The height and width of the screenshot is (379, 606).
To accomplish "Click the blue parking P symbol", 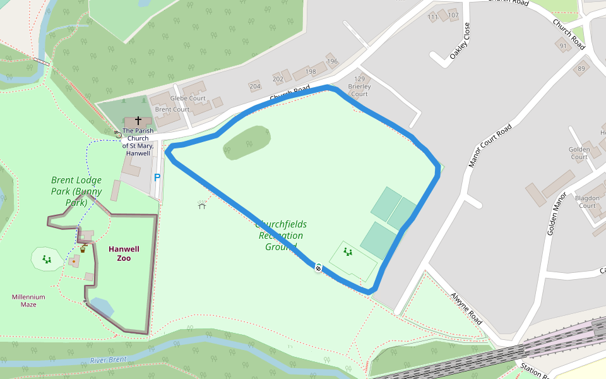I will point(157,178).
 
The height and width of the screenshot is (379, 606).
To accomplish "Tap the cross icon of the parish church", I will point(138,120).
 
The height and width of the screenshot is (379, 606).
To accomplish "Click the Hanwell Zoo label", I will point(124,253).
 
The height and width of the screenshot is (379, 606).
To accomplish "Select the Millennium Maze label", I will point(28,301).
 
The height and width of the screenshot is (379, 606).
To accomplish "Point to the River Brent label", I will point(108,360).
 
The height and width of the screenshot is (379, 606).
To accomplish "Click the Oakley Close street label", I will point(460,42).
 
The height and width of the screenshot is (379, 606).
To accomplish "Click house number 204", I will point(255,87).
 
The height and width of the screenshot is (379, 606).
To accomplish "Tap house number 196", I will point(332,62).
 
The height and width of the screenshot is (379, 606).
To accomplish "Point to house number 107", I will point(453,15).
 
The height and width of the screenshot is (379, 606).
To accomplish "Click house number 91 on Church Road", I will point(563,46).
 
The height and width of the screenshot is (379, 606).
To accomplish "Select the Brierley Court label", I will point(359,90).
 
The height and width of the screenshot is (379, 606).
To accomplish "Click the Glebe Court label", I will point(188,99).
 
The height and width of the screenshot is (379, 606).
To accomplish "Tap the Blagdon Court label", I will point(587,202).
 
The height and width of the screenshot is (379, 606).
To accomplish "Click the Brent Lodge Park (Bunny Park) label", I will point(76,191).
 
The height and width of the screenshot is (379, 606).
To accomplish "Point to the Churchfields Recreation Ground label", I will point(281,236).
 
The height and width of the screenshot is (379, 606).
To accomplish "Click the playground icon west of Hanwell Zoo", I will point(47,258).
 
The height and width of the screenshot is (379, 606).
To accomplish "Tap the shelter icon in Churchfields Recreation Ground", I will point(202,205).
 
